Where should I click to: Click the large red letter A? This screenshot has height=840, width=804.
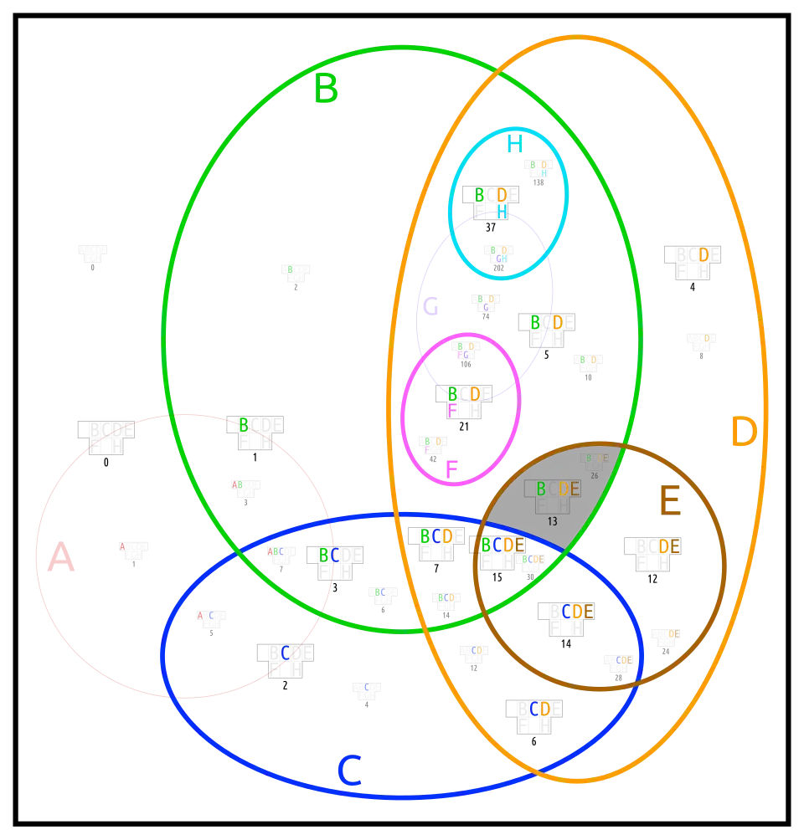[60, 558]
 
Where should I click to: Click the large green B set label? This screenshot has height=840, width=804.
[327, 89]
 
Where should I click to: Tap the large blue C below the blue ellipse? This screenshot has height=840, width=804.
[349, 771]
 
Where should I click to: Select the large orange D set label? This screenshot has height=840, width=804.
[744, 433]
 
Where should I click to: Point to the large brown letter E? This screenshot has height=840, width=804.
[670, 502]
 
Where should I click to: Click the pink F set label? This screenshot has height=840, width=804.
[451, 470]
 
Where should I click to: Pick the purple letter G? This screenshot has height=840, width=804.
[430, 308]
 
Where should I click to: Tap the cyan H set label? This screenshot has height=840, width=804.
[513, 145]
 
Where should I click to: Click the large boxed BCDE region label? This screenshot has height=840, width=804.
[502, 545]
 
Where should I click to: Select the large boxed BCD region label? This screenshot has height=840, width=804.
[436, 536]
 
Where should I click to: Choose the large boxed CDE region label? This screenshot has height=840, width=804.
[577, 612]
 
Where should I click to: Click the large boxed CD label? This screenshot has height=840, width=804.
[539, 709]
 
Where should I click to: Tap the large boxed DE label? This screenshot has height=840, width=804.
[668, 545]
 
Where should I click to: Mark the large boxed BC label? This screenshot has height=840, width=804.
[329, 555]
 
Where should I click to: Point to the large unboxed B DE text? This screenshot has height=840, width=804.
[558, 489]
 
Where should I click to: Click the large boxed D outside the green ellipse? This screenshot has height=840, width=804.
[703, 254]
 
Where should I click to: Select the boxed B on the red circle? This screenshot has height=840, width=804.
[243, 424]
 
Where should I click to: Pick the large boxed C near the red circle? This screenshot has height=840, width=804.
[286, 652]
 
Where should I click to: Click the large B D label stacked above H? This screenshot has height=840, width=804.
[491, 195]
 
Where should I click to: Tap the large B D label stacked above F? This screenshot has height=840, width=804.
[464, 393]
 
